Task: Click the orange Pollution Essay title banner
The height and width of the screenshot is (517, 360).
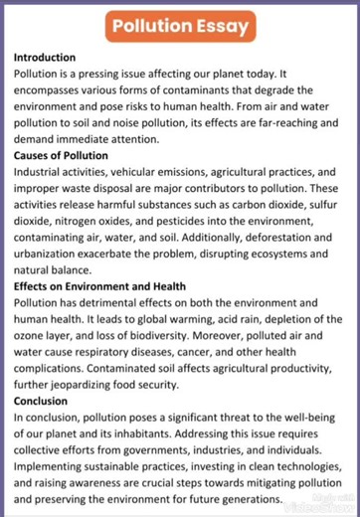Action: click(179, 26)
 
